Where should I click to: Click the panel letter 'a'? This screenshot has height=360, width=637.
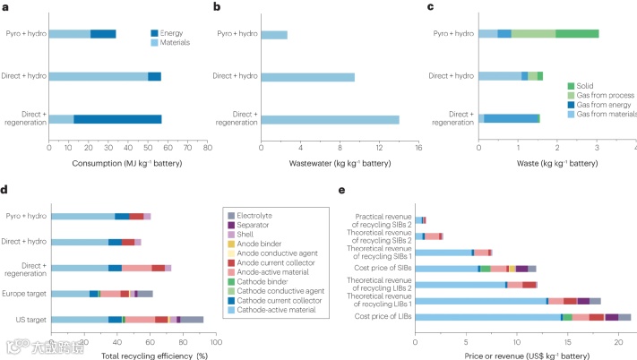[6, 6]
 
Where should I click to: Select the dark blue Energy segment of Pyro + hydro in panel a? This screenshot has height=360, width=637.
[103, 34]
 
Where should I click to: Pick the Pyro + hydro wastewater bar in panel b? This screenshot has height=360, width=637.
[274, 35]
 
